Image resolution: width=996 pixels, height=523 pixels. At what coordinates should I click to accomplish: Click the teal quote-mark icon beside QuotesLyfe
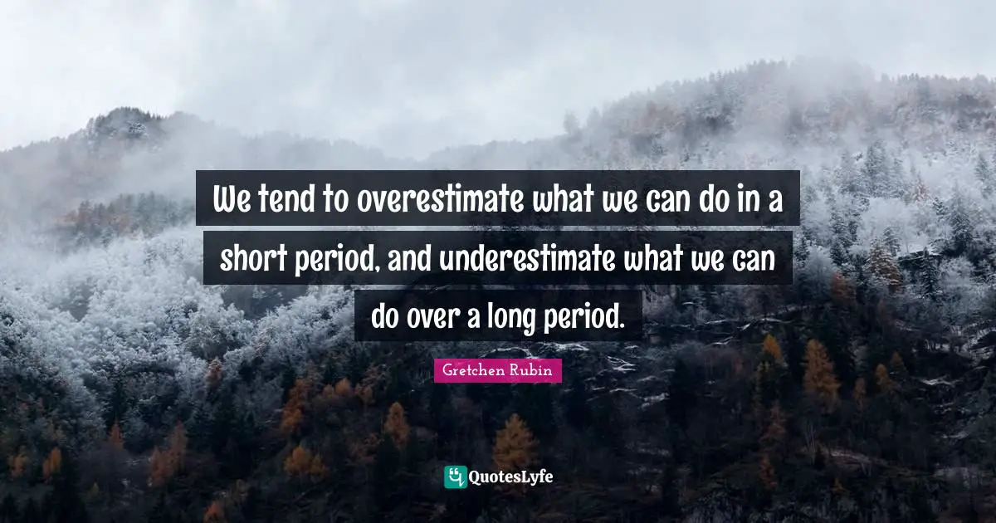[x=455, y=477]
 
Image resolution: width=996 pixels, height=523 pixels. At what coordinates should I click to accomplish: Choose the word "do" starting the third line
[x=387, y=316]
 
